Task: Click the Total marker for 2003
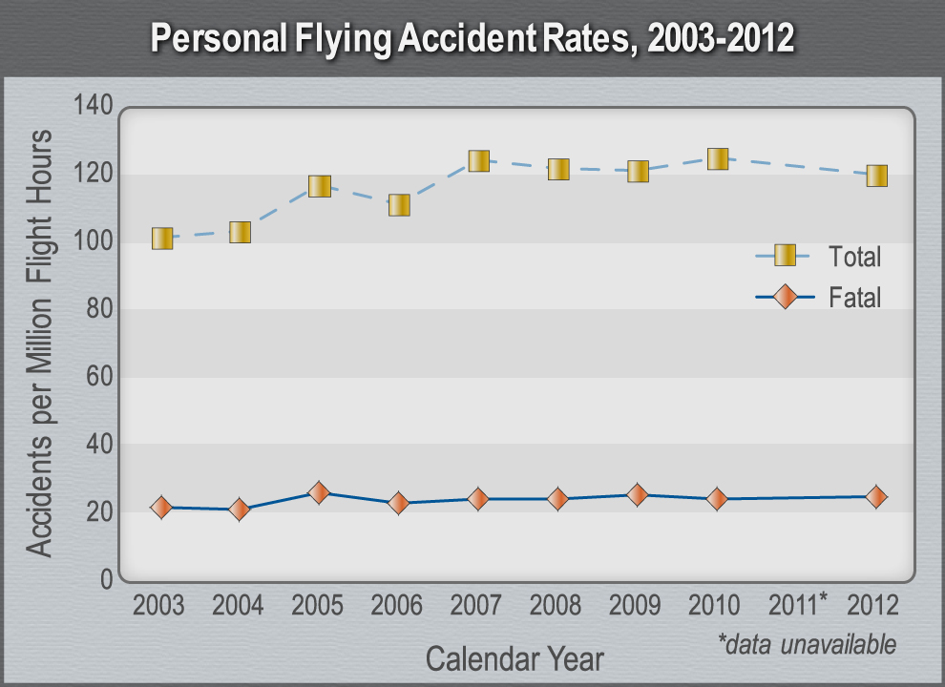point(162,239)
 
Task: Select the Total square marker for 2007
point(478,160)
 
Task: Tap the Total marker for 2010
point(717,158)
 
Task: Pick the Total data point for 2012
point(876,176)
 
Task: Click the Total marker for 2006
point(399,205)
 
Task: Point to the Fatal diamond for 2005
point(319,492)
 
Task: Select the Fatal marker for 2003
point(161,507)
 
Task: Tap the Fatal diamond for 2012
point(876,496)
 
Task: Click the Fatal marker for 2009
point(638,494)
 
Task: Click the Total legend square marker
point(785,255)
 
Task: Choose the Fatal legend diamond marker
point(785,297)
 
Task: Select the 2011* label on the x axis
point(799,605)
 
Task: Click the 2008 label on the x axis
point(557,605)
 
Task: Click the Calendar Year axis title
point(514,658)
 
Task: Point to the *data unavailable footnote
point(807,644)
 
